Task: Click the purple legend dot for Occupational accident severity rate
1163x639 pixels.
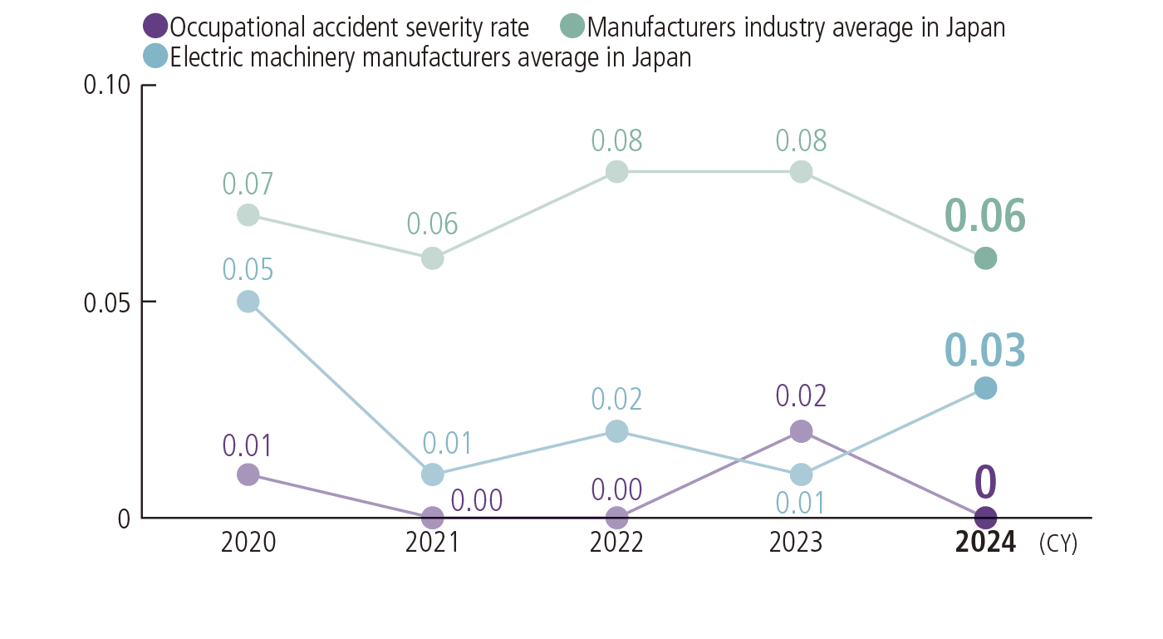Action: pos(155,27)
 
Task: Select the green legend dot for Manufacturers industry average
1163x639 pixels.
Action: pos(573,27)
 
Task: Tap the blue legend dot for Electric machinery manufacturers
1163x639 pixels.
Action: pos(155,57)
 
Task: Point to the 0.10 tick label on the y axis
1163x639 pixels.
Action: pos(107,86)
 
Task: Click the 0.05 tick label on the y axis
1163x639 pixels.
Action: pos(107,302)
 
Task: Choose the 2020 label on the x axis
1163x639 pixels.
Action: pos(248,543)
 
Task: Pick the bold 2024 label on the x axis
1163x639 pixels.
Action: pos(985,543)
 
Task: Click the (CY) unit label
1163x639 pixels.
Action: pos(1057,544)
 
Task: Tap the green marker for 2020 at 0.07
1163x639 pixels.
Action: pos(248,215)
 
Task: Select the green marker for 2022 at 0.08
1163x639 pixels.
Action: pos(616,172)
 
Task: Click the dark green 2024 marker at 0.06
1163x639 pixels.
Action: pos(985,258)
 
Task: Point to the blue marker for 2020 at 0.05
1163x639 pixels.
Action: pos(248,302)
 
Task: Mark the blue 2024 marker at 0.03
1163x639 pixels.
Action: pos(985,388)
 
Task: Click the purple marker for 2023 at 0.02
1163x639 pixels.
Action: pos(801,431)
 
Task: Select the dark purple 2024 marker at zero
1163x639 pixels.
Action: pos(985,518)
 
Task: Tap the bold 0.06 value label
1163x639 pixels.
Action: pos(985,216)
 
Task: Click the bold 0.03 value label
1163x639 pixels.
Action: pos(985,350)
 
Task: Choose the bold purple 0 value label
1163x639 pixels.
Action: pos(985,481)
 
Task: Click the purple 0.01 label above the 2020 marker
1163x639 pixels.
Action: pos(248,445)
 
